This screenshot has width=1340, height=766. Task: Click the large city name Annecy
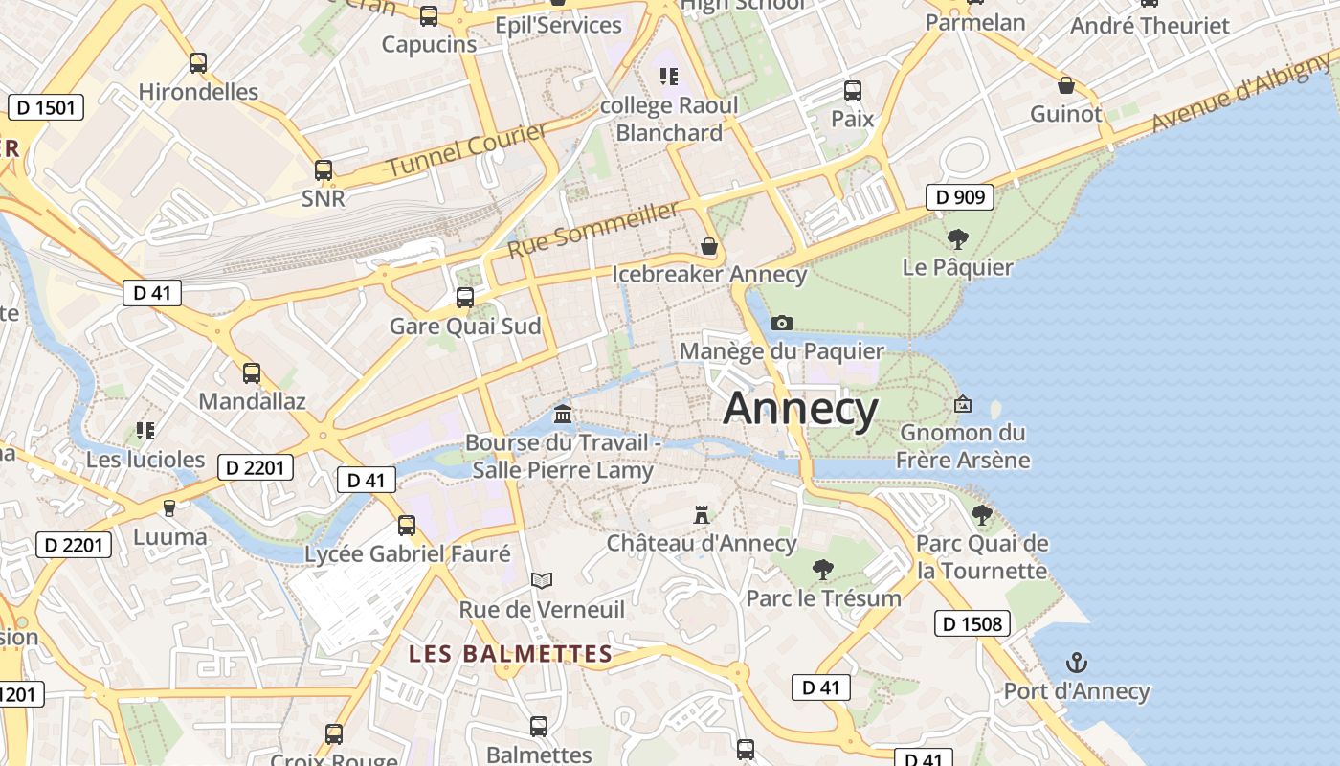pos(800,409)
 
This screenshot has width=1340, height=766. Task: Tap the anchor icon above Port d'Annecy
pos(1077,663)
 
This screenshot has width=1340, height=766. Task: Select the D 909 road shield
pos(959,197)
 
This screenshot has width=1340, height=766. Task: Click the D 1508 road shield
pos(972,624)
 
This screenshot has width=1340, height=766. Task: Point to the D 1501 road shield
pos(46,107)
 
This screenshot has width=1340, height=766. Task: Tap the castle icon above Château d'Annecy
pos(702,515)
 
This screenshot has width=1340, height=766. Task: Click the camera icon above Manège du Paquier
pos(782,323)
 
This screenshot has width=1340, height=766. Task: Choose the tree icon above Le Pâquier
pos(957,239)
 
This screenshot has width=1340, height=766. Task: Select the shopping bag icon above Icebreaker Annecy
pos(709,247)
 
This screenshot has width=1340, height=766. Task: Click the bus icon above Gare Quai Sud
pos(465,298)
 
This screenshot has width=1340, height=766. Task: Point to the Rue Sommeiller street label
pos(592,230)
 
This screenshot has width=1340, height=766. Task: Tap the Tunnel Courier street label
pos(467,149)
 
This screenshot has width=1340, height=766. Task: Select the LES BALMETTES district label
pos(510,654)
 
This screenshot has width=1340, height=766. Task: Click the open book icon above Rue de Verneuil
pos(542,580)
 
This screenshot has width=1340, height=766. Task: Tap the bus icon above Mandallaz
pos(252,373)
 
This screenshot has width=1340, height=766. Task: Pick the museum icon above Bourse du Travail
pos(563,415)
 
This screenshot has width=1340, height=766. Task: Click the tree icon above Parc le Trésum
pos(822,570)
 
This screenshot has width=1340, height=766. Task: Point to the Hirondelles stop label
pos(198,92)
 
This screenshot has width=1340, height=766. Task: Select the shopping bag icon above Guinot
pos(1066,85)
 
